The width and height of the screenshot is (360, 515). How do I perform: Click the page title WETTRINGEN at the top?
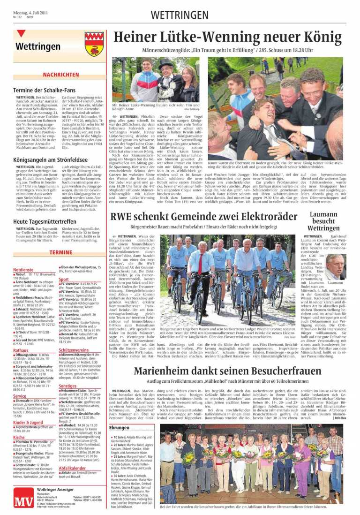(180, 15)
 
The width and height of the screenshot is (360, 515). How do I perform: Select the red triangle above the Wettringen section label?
(22, 34)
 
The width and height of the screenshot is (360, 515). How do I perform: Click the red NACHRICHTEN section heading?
(61, 75)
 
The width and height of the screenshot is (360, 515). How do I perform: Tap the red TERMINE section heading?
(61, 252)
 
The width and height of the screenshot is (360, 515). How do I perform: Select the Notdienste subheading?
(23, 270)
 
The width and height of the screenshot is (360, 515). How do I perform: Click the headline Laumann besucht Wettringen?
(323, 221)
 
